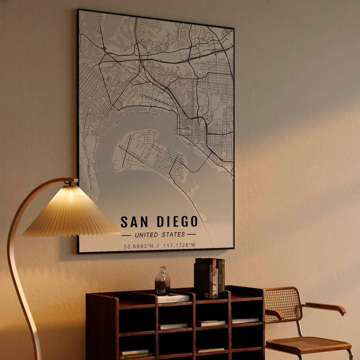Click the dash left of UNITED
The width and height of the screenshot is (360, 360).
[x=126, y=234]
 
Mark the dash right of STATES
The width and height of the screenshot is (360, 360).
[x=191, y=234]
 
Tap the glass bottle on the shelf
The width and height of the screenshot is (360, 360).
[x=162, y=282]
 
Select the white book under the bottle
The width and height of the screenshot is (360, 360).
[x=173, y=298]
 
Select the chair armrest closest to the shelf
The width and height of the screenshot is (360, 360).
[x=273, y=313]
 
